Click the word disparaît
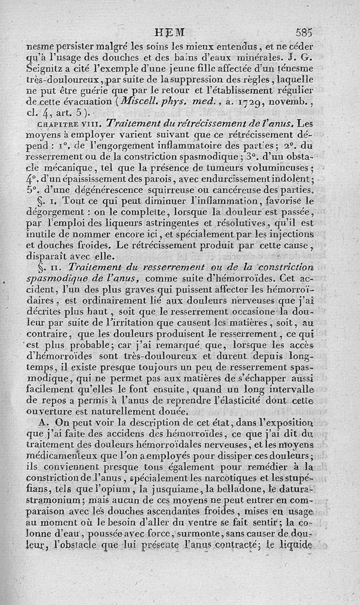click(48, 257)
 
